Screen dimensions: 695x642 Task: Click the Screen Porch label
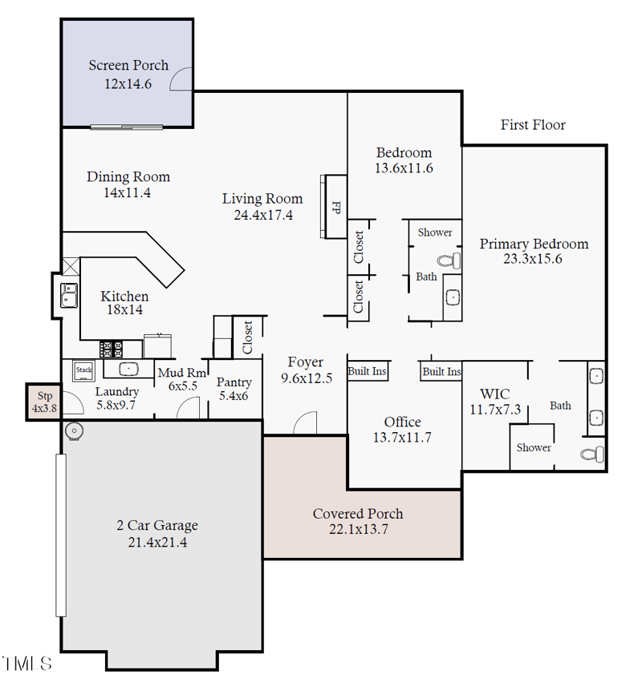128,65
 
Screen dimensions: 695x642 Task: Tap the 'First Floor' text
533,125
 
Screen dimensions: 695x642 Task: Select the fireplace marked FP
335,206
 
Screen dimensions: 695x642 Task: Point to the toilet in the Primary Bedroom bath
591,455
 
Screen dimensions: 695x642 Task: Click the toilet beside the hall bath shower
450,261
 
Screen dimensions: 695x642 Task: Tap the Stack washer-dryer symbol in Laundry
84,370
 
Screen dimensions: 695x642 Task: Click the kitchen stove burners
111,349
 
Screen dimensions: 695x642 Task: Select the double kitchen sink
69,295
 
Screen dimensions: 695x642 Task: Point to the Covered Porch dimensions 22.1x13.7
358,528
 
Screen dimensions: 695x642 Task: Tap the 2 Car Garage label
157,526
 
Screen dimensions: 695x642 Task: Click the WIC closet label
495,394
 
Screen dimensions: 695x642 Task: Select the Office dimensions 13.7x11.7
402,437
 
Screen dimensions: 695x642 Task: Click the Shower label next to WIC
534,447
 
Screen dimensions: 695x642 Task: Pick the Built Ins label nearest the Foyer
368,372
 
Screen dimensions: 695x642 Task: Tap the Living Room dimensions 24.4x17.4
263,215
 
